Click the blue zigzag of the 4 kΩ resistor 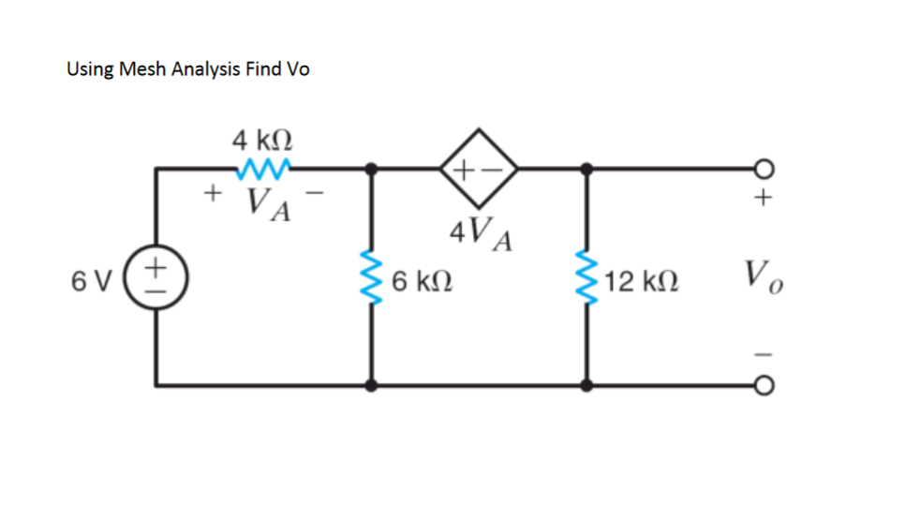[x=266, y=169]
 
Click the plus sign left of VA [x=214, y=194]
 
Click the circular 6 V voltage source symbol [x=156, y=277]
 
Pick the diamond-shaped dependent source [x=479, y=169]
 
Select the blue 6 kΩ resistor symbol [x=373, y=279]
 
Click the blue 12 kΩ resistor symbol [x=587, y=279]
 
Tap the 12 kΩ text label [x=643, y=280]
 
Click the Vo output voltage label [x=764, y=277]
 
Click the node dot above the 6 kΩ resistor [x=373, y=169]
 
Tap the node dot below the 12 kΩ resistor [x=587, y=385]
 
